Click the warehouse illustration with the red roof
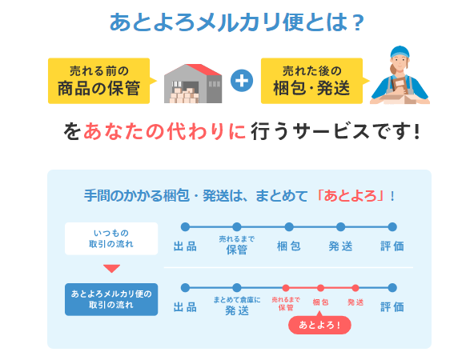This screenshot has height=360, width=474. pos(193,83)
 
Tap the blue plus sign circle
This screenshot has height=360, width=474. pos(242,81)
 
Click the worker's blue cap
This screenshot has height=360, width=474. pos(400,52)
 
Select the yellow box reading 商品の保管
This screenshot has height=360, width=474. pos(98,81)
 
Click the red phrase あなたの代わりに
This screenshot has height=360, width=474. pos(165,132)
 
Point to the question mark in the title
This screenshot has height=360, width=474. pos(359,23)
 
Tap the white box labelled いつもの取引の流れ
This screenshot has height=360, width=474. pos(111,238)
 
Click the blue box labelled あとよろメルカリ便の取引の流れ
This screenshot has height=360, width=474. pos(111,299)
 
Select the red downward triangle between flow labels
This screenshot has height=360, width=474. pos(111,267)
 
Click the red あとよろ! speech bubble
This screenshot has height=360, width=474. pos(319,325)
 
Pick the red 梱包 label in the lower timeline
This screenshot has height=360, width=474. pos(320,302)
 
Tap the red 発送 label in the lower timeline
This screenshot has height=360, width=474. pos(355,302)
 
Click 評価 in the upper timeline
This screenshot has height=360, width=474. pos(392,246)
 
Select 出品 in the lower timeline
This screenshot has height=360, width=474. pos(185,307)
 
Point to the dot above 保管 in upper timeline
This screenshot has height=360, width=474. pos(237,227)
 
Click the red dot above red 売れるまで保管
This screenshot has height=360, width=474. pos(286,288)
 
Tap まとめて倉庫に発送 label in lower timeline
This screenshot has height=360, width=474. pos(237,306)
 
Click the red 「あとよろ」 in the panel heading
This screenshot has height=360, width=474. pos(351,196)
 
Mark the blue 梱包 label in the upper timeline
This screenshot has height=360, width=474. pos(289,246)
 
